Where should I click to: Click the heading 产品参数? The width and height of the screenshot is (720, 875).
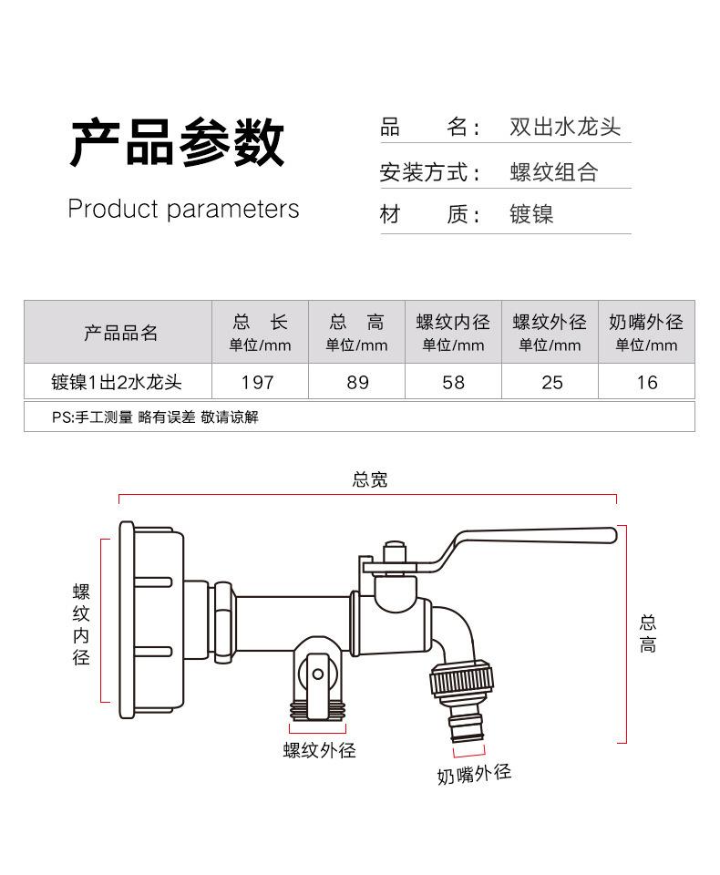pyautogui.click(x=178, y=142)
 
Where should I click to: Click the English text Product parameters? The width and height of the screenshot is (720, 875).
pyautogui.click(x=183, y=209)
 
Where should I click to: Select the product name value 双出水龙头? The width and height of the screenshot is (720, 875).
pyautogui.click(x=565, y=128)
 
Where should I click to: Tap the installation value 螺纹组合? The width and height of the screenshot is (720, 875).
pyautogui.click(x=553, y=172)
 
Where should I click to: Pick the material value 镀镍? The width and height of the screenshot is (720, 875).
pyautogui.click(x=531, y=215)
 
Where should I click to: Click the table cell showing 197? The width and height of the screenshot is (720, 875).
pyautogui.click(x=260, y=382)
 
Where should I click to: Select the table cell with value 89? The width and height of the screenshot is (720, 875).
pyautogui.click(x=357, y=382)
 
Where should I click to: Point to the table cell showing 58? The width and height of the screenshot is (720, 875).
pyautogui.click(x=453, y=382)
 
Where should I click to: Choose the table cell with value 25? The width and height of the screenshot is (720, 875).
pyautogui.click(x=551, y=382)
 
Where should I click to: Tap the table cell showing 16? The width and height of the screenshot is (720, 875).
pyautogui.click(x=646, y=382)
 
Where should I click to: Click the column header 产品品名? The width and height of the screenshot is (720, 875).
pyautogui.click(x=121, y=333)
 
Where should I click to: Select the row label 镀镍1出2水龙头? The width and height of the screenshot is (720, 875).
pyautogui.click(x=117, y=382)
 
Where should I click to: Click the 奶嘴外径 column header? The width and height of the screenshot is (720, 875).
pyautogui.click(x=646, y=323)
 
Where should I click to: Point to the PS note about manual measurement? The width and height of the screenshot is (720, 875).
pyautogui.click(x=155, y=417)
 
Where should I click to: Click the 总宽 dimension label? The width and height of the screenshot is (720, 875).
pyautogui.click(x=369, y=479)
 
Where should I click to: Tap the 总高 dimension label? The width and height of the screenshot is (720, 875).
pyautogui.click(x=647, y=633)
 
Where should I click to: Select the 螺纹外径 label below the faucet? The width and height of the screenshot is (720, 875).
pyautogui.click(x=319, y=750)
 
